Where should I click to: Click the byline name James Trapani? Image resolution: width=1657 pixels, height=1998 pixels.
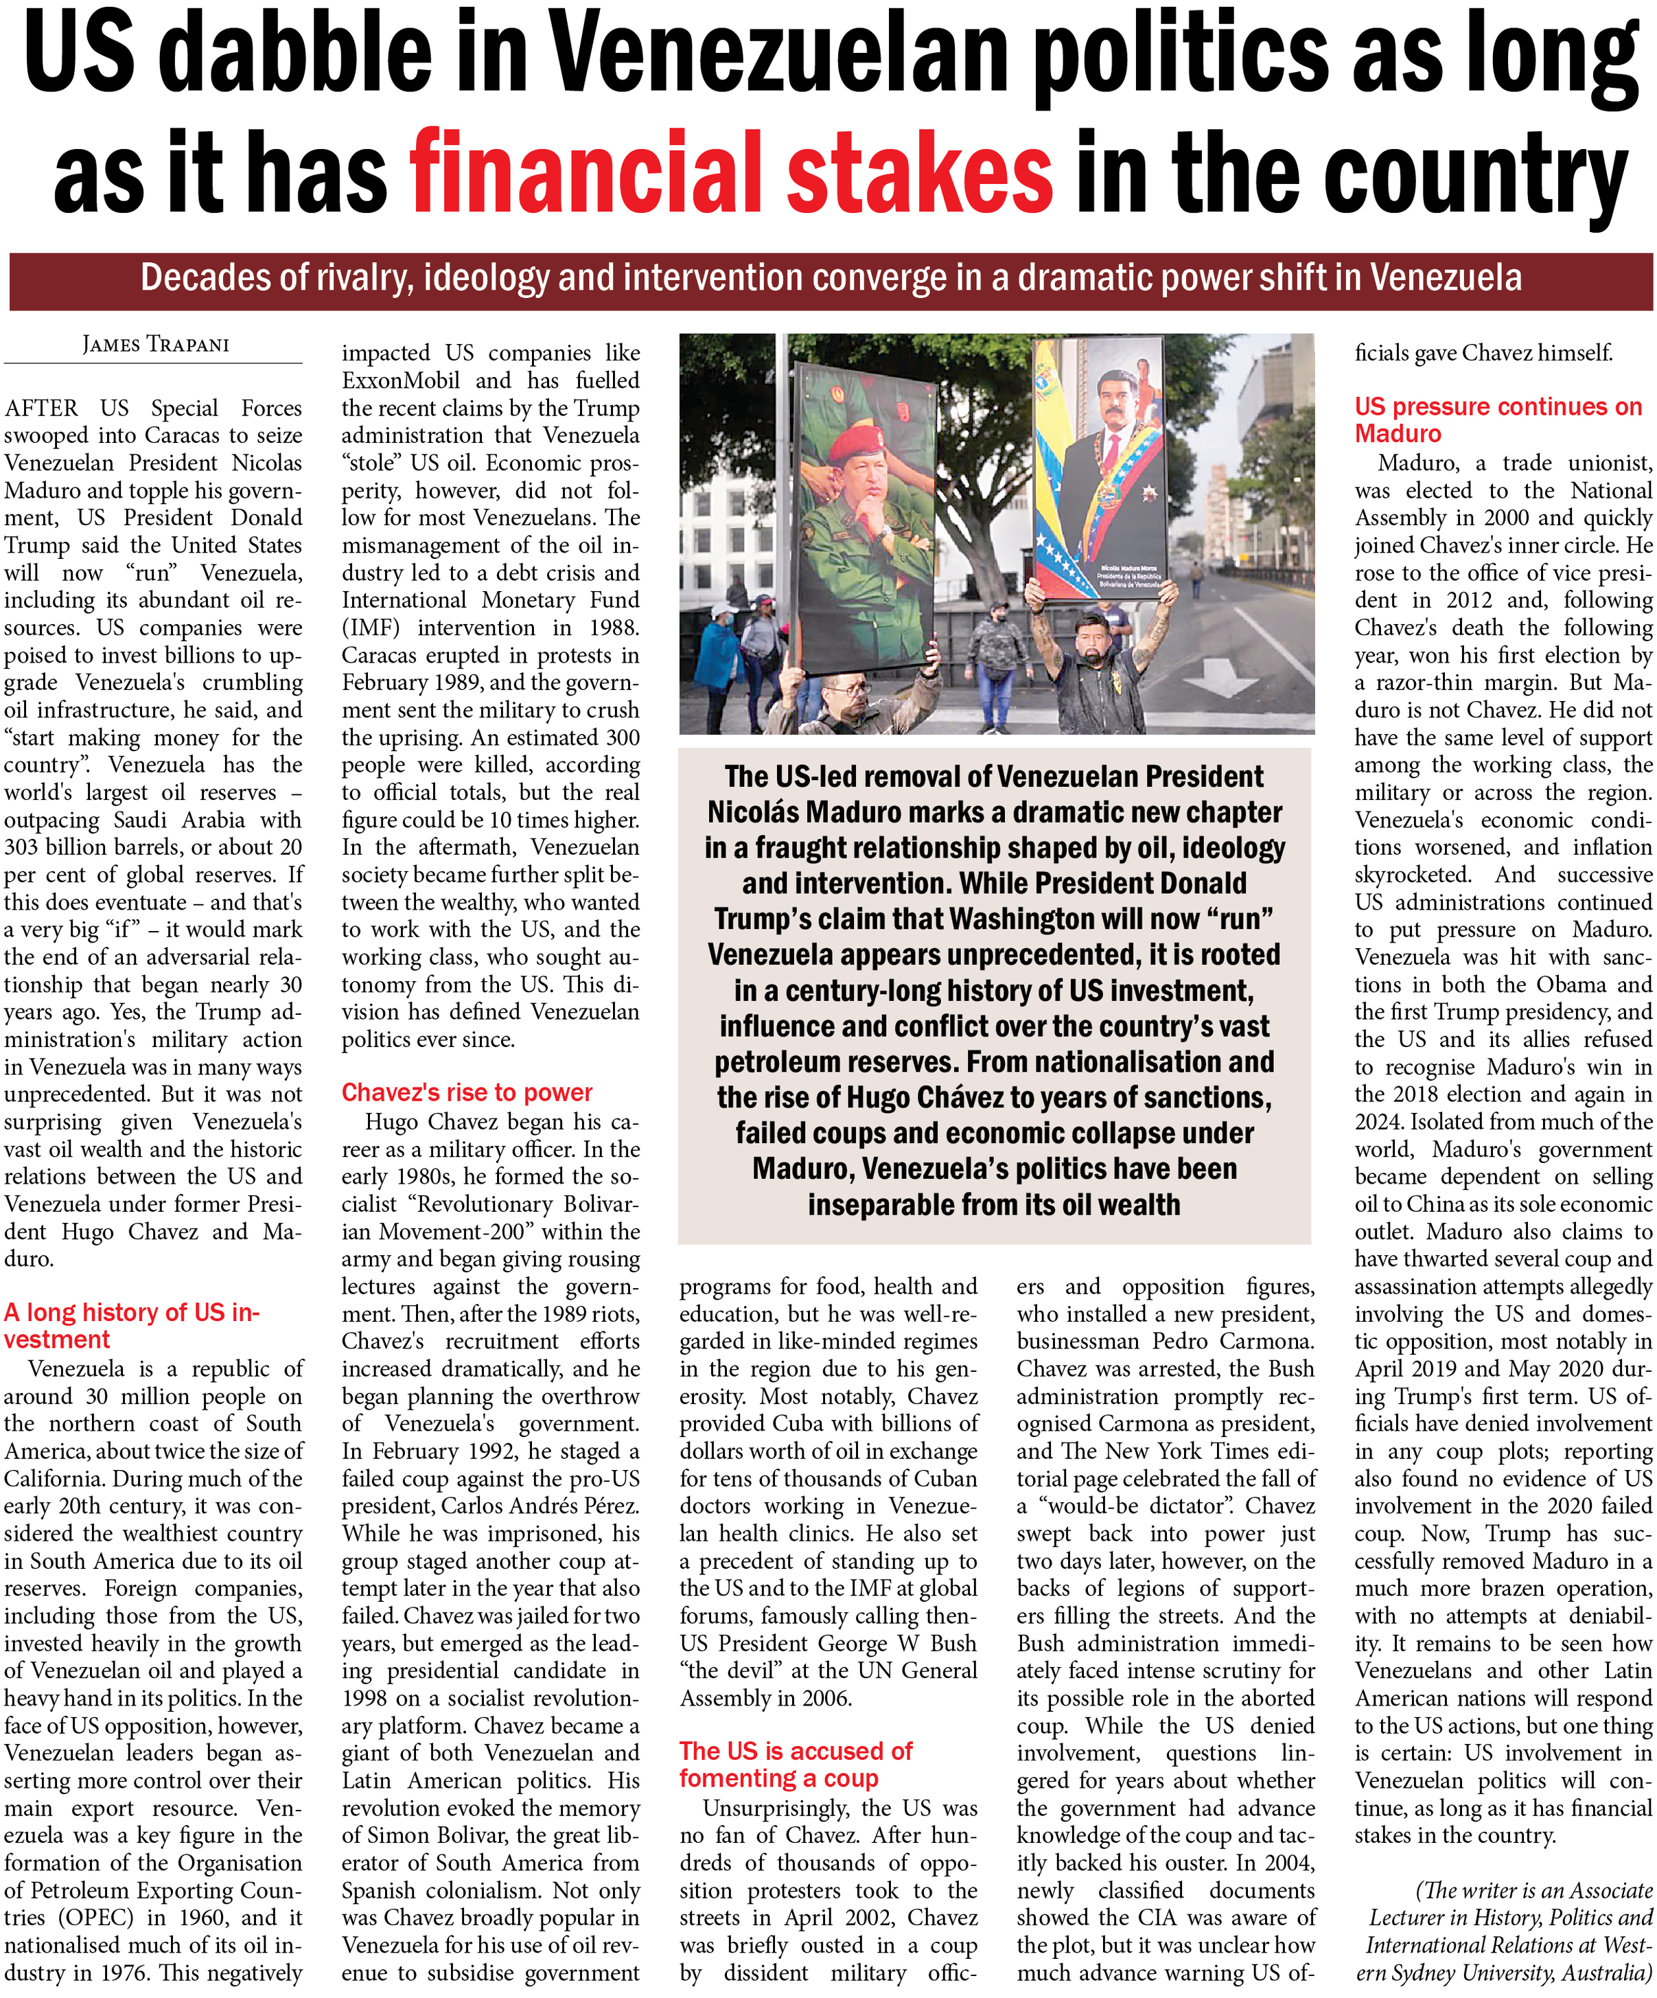(155, 345)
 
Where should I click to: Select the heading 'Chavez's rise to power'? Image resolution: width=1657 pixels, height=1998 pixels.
(466, 1092)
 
